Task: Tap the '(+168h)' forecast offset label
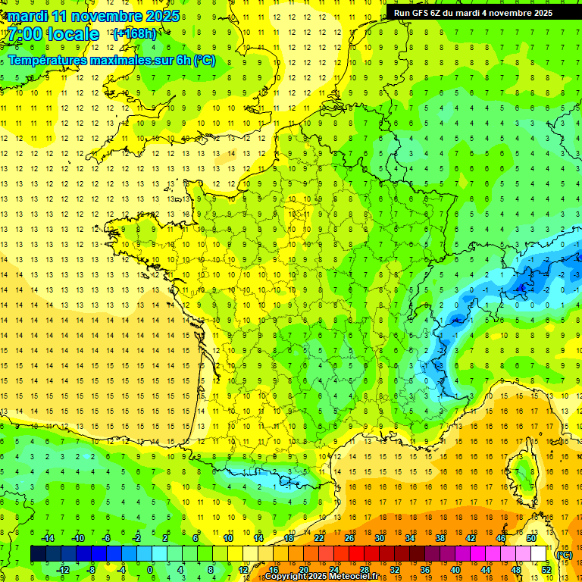pyautogui.click(x=135, y=33)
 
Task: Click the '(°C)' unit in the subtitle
pyautogui.click(x=204, y=61)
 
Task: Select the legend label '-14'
pyautogui.click(x=48, y=538)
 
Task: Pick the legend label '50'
pyautogui.click(x=530, y=538)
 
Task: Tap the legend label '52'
pyautogui.click(x=546, y=570)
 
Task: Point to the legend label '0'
pyautogui.click(x=150, y=570)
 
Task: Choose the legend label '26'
pyautogui.click(x=349, y=538)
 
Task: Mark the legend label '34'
pyautogui.click(x=409, y=538)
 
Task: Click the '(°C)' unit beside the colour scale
pyautogui.click(x=564, y=555)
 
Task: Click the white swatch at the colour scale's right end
pyautogui.click(x=539, y=554)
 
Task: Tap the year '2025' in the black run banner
pyautogui.click(x=539, y=13)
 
